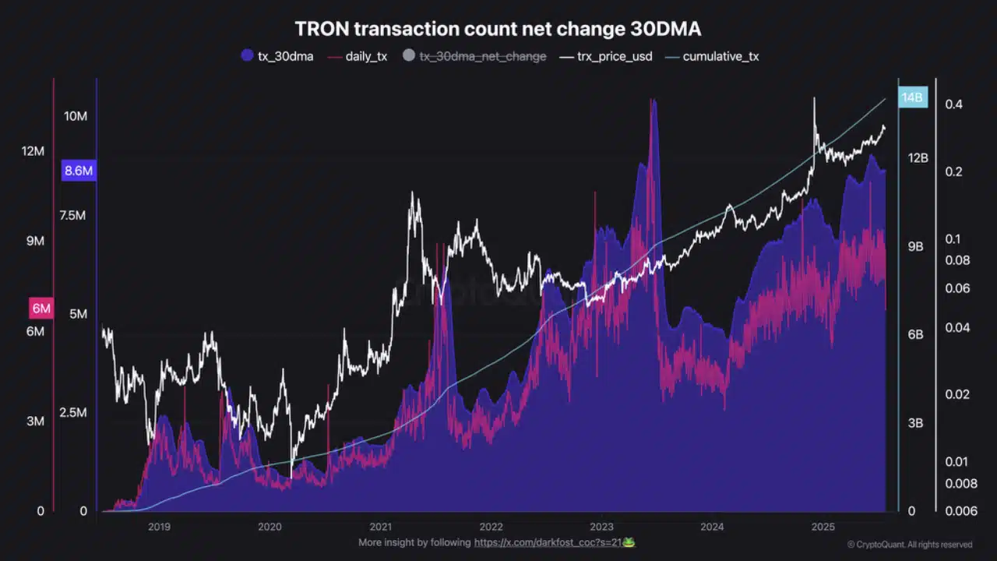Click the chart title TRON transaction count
498,30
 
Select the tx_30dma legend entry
278,56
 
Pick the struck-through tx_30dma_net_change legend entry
474,56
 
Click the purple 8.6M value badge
78,171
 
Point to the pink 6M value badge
41,309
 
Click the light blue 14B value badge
912,97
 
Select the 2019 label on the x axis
159,527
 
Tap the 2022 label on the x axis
491,527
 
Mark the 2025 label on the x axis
823,527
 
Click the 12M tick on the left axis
33,150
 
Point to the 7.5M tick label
72,215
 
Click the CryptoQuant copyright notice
910,545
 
